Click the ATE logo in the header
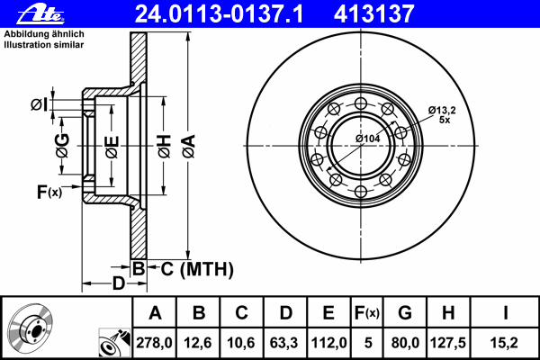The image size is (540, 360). pos(40,14)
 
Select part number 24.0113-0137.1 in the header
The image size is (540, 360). pos(219,14)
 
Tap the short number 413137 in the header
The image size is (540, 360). pos(373,14)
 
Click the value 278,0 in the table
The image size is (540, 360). pos(154,343)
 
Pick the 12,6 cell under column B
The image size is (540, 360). pos(198,343)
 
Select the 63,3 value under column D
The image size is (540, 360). pos(284,343)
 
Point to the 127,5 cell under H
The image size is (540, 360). pos(447,343)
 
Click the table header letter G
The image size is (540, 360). pos(405,313)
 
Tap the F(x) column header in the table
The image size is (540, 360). pos(367,313)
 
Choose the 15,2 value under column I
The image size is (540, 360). pos(504,343)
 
